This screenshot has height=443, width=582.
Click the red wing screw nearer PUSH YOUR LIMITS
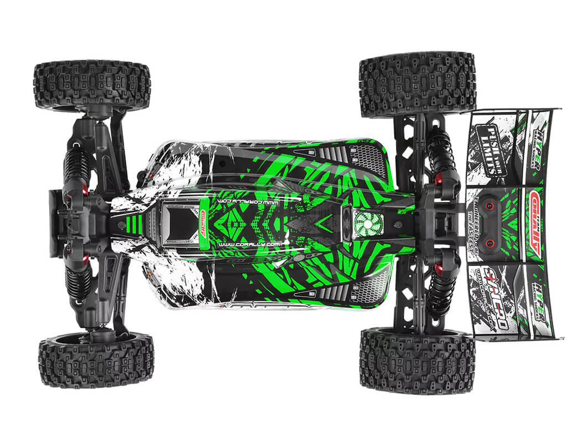tap(489, 206)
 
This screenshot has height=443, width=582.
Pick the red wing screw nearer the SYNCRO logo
tap(489, 243)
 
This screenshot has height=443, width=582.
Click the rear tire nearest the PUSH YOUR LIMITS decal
tap(417, 84)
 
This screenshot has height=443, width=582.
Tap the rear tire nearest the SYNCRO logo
tap(417, 360)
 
